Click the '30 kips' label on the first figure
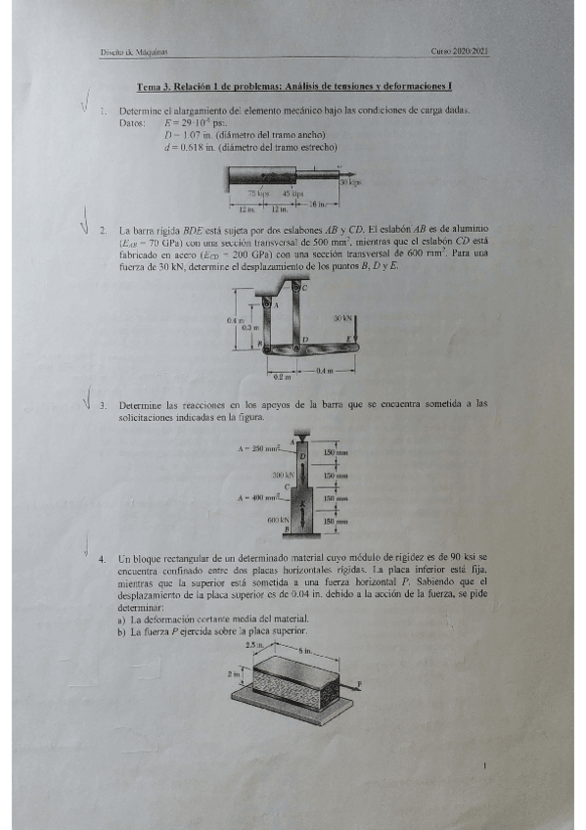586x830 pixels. [x=350, y=182]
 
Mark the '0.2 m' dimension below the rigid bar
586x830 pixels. [x=281, y=377]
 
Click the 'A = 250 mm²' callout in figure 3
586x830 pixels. [x=260, y=448]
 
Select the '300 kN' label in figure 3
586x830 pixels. [x=284, y=473]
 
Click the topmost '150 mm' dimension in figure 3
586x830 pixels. [x=336, y=453]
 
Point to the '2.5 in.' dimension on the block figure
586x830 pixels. [x=251, y=647]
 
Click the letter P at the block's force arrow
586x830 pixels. [x=360, y=684]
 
